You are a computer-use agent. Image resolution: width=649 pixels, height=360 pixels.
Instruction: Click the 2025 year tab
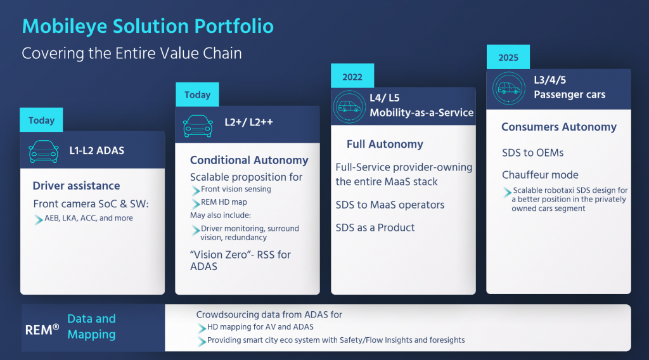point(508,57)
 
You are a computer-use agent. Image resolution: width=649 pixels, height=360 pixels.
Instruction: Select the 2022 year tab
point(352,76)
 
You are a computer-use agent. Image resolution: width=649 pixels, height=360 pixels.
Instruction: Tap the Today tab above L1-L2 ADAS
point(41,120)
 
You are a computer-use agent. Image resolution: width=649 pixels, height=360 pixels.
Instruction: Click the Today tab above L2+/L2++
point(197,95)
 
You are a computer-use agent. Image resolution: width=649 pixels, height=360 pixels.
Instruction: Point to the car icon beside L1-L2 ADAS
point(44,151)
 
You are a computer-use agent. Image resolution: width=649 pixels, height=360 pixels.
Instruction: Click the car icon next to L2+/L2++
point(198,125)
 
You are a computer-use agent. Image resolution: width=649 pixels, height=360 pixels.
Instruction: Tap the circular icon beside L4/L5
point(349,107)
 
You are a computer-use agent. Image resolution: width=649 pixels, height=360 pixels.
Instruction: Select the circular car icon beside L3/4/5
point(509,88)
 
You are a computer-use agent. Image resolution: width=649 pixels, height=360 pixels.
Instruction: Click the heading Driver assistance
point(76,186)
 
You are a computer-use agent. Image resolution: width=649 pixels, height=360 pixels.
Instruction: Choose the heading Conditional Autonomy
point(249,160)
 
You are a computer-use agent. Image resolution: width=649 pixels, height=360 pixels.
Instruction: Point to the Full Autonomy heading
point(385,144)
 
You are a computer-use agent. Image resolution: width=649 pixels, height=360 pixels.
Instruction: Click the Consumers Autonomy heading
point(559,127)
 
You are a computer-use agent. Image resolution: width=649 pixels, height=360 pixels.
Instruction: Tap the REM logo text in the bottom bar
point(42,330)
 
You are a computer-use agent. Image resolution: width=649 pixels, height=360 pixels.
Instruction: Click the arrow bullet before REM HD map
point(196,203)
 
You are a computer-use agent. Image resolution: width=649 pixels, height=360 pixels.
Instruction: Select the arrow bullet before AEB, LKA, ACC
point(39,219)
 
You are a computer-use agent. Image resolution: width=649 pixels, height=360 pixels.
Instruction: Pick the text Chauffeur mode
point(540,175)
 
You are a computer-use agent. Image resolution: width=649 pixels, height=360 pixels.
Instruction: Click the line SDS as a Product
point(375,228)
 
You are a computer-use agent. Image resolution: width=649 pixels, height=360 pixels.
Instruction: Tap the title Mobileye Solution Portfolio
point(148,26)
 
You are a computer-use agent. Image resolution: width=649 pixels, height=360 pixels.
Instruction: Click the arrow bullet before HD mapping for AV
point(202,328)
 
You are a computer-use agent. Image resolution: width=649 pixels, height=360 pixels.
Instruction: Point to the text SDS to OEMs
point(532,153)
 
